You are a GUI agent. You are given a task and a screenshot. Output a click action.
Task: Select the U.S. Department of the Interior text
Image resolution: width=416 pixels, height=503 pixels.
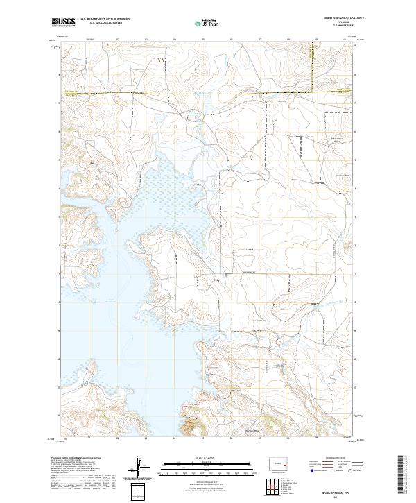pos(105,18)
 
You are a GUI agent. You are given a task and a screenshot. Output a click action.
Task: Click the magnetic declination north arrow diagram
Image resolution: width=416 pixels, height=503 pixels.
pos(139,467)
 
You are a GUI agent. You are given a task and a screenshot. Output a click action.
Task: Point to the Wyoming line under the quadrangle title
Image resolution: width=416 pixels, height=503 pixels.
pos(334,21)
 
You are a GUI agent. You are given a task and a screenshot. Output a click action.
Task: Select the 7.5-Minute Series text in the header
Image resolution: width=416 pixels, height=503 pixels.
pos(334,25)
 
